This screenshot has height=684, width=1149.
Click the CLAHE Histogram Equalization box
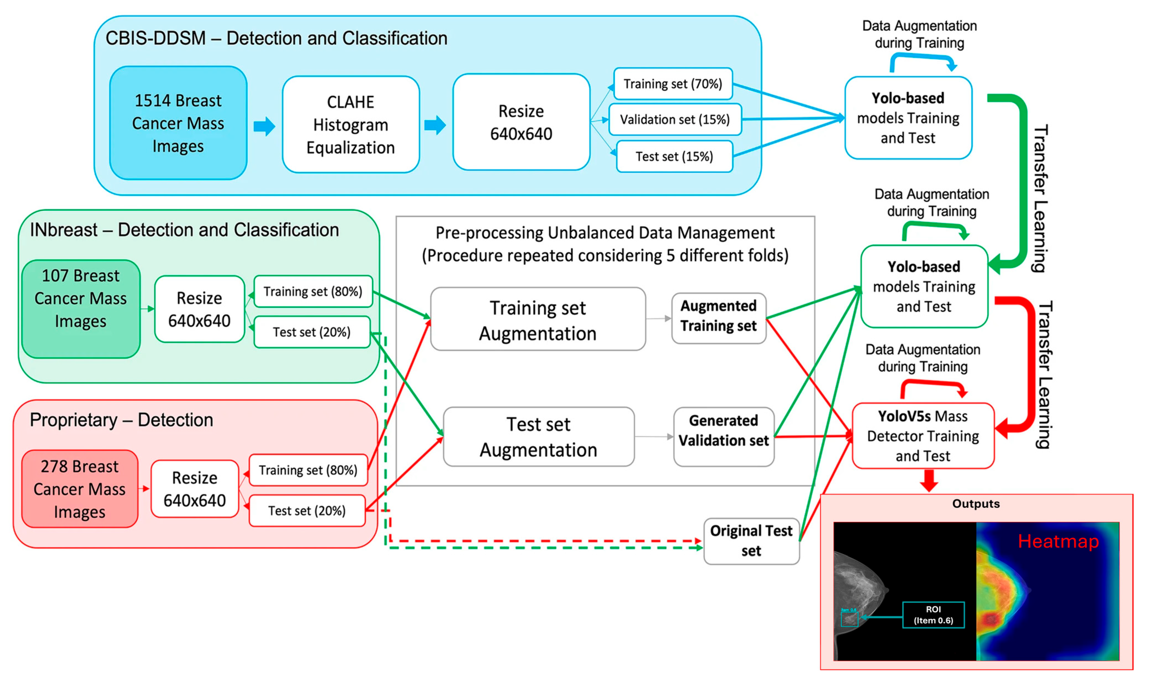(351, 124)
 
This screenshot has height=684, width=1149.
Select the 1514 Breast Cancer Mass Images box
(178, 123)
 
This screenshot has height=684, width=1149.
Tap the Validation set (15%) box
(675, 119)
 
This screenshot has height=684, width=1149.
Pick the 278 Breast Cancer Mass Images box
(79, 489)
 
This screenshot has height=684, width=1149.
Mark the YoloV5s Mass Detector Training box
(923, 436)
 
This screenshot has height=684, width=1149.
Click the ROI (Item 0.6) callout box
(933, 615)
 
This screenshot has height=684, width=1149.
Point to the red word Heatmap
(1058, 541)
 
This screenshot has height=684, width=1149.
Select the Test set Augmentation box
(538, 437)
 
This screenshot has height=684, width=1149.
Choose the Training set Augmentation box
(538, 319)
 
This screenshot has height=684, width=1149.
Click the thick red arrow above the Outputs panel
(929, 480)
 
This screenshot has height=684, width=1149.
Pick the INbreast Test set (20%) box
(312, 332)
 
